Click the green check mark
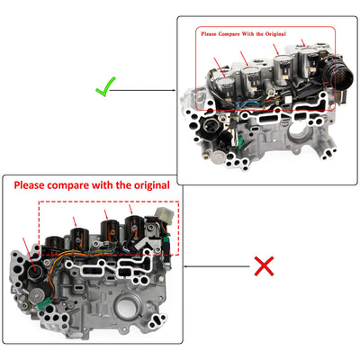point(105,88)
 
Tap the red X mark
point(264,266)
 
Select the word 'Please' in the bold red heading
point(29,185)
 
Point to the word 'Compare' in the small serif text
point(229,34)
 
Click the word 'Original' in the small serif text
point(275,34)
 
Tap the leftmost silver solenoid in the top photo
point(225,88)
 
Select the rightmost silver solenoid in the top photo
point(309,62)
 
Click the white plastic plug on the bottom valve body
point(164,216)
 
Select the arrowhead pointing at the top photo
point(174,90)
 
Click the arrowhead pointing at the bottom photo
point(186,266)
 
